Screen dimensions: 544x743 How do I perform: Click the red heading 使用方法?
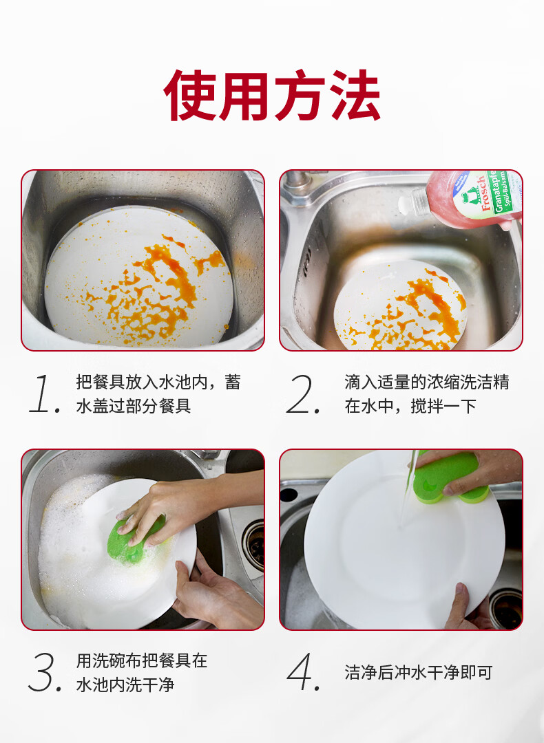tap(272, 96)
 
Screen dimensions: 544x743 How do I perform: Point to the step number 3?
tap(45, 672)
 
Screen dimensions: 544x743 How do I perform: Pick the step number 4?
tap(304, 672)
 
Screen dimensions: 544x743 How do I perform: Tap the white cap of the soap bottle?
tap(406, 204)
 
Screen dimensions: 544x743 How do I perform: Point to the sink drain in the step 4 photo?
tap(506, 608)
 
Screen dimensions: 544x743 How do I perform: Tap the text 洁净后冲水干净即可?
tap(418, 672)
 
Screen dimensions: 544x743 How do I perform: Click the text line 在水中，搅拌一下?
tap(410, 406)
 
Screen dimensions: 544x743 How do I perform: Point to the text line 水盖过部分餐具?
tap(134, 406)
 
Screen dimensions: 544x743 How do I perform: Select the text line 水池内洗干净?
tap(125, 685)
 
